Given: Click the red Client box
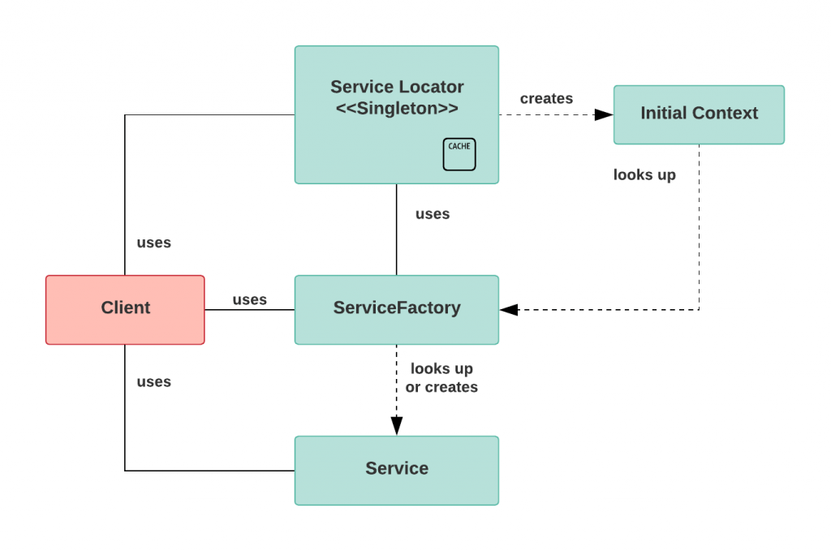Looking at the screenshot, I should (x=125, y=309).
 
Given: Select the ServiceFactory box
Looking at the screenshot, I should (x=396, y=309).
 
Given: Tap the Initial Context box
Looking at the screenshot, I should (x=699, y=114).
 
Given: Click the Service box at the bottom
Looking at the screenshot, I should (x=396, y=470).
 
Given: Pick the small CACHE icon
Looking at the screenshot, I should (x=459, y=154).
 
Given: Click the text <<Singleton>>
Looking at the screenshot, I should (x=397, y=109).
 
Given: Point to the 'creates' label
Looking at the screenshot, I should (x=546, y=98).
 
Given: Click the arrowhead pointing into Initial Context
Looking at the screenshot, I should (x=604, y=114).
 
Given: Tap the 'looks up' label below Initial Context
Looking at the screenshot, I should (x=644, y=174).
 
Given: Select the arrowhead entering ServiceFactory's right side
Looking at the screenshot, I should (x=509, y=309).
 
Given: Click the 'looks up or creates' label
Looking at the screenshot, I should (x=441, y=378).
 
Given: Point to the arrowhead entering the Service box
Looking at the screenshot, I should (x=396, y=426).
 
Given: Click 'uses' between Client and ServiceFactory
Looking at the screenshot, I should (x=249, y=299).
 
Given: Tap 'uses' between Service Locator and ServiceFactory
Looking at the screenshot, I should (x=432, y=214).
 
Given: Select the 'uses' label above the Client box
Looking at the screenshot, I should (x=153, y=243).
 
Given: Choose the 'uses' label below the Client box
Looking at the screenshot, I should (x=153, y=381).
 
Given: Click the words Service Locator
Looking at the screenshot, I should (x=397, y=87).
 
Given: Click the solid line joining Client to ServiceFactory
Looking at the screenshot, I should (x=249, y=310).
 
